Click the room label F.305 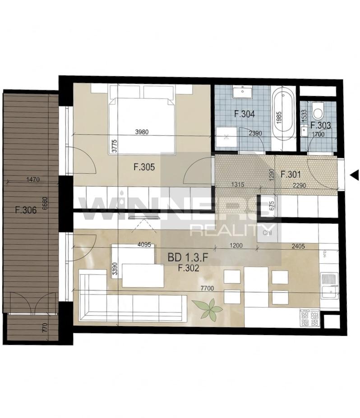[144, 167]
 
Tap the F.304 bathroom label [244, 114]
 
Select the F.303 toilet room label [321, 125]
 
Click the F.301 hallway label [291, 175]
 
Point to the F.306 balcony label [26, 210]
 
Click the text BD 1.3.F [188, 257]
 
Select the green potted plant [207, 308]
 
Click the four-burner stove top [309, 318]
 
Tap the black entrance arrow [354, 175]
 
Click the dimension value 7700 [207, 288]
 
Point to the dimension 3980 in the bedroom [142, 132]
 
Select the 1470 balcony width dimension [33, 179]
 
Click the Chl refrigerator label [267, 233]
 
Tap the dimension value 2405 [298, 246]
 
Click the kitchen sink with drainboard [330, 286]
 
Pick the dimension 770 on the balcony [45, 328]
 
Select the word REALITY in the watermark [231, 230]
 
